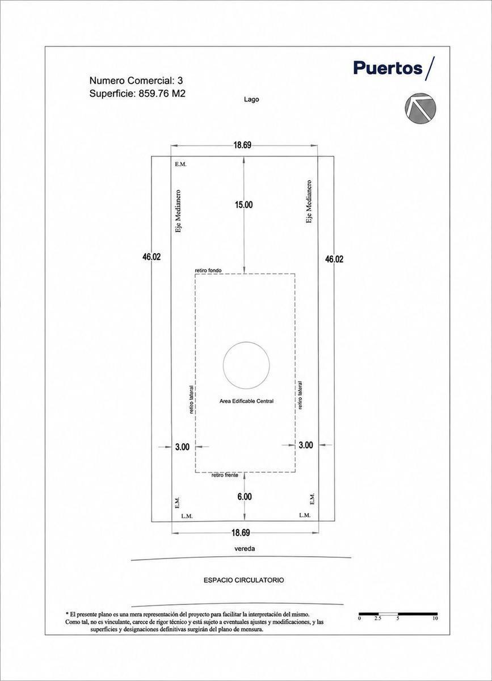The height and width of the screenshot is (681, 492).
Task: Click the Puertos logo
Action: (394, 68)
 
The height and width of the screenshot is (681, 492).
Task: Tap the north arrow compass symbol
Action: (420, 108)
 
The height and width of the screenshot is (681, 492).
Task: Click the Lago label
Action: (251, 99)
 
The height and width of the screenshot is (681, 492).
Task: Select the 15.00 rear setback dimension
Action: (243, 205)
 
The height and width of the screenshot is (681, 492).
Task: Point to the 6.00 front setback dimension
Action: (245, 497)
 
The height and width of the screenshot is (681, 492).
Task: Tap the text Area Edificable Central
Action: (246, 401)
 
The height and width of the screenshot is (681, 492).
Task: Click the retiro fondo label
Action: (208, 270)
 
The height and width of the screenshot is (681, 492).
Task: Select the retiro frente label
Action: (225, 475)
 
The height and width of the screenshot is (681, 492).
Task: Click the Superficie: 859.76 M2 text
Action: (137, 94)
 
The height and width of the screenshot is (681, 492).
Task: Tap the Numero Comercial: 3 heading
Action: (136, 81)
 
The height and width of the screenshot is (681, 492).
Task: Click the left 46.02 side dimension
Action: (152, 257)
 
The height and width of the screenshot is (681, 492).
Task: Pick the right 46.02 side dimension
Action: (334, 259)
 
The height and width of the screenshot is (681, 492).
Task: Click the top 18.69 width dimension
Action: (242, 145)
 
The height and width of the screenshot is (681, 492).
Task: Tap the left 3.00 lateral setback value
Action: (182, 447)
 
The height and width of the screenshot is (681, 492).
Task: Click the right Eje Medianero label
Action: (309, 202)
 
